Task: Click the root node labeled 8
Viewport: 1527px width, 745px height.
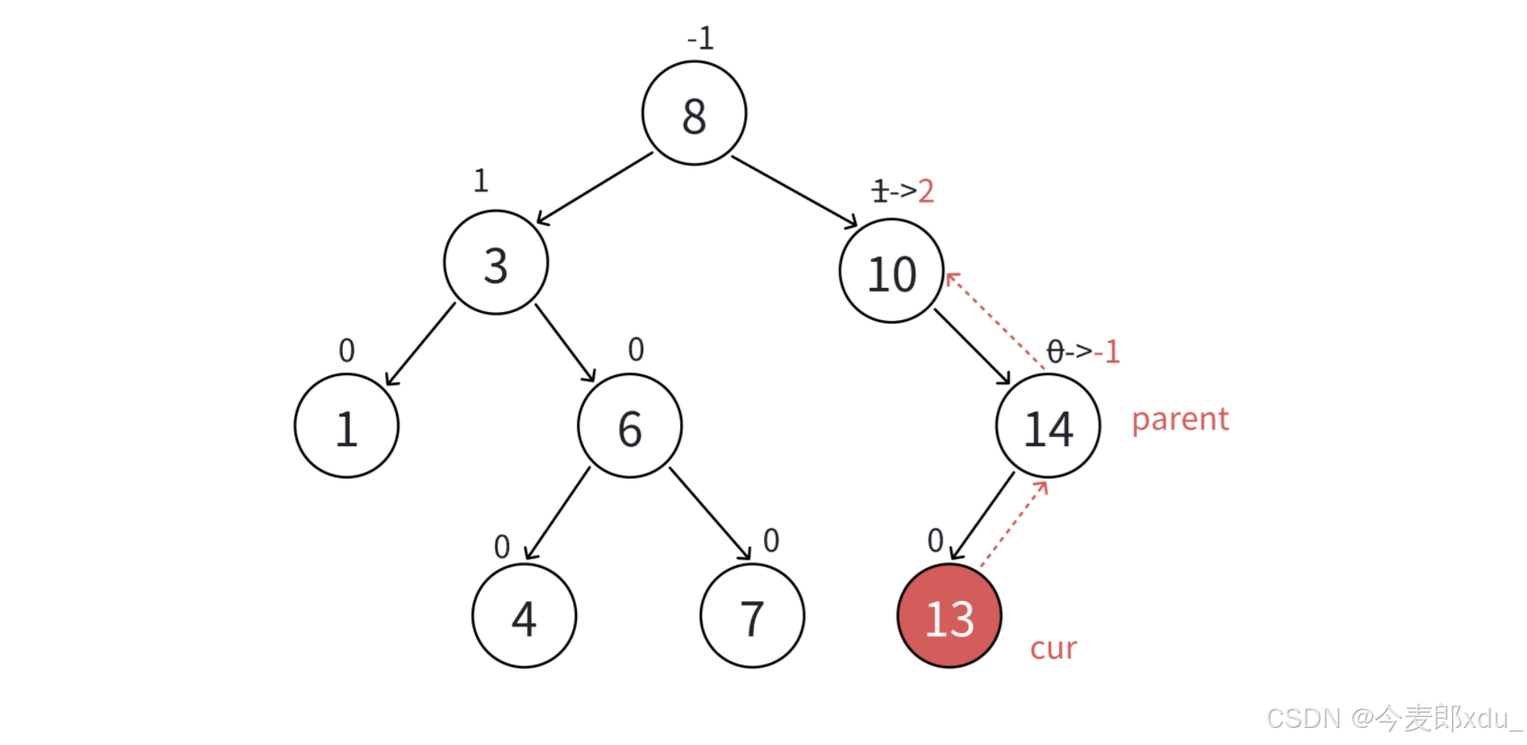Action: pos(694,113)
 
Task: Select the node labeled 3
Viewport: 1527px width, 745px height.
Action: pos(496,263)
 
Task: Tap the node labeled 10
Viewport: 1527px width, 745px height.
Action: pos(891,271)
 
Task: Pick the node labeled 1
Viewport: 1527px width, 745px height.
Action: pos(346,426)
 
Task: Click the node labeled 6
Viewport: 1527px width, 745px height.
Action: pos(630,426)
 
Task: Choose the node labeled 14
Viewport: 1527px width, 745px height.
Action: pos(1048,426)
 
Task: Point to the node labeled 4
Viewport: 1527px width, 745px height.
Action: pos(524,616)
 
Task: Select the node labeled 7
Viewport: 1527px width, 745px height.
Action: pos(752,616)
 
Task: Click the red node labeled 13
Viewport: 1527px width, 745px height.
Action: pos(949,616)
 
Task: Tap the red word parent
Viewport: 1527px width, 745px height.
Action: pos(1180,419)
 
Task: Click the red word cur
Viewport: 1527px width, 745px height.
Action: pos(1053,649)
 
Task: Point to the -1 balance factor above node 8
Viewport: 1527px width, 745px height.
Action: pos(700,39)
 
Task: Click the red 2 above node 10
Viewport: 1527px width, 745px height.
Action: pos(926,191)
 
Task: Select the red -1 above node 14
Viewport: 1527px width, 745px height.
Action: pos(1108,351)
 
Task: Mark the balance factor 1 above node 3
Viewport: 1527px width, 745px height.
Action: pos(481,181)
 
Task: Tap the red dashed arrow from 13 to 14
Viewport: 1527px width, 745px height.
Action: pos(1014,524)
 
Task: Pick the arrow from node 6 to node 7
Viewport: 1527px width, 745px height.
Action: pos(710,514)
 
